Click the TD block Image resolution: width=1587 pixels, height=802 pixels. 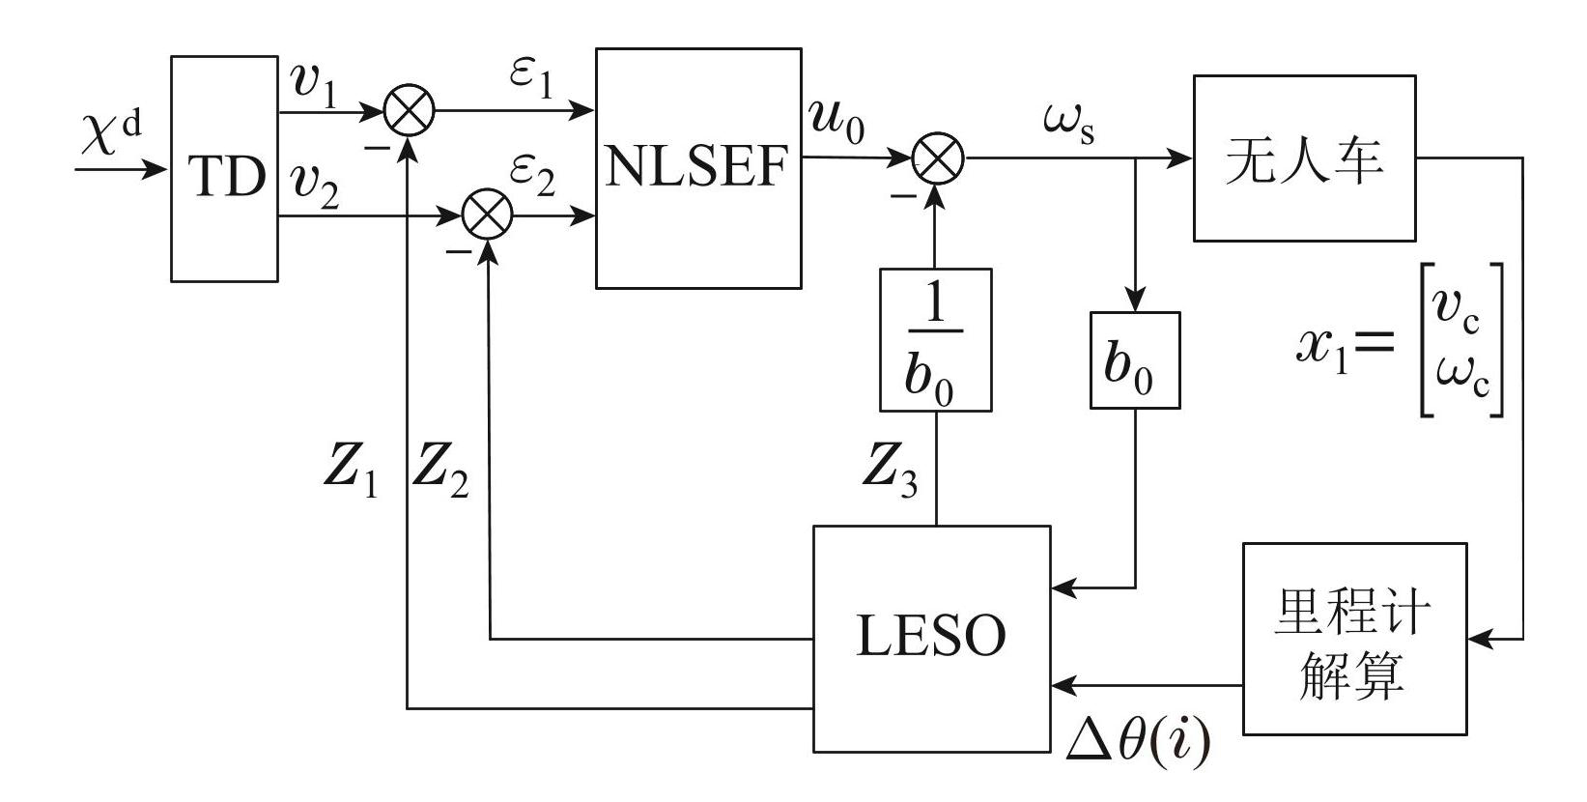click(x=224, y=169)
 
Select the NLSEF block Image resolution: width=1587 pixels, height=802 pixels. click(x=697, y=168)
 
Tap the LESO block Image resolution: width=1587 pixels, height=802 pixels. click(x=931, y=639)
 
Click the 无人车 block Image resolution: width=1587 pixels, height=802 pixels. click(x=1304, y=158)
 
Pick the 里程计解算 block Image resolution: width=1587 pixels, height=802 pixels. click(x=1353, y=639)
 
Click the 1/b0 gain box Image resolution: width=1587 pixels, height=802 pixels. click(x=935, y=340)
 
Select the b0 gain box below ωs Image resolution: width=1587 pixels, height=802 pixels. click(x=1134, y=359)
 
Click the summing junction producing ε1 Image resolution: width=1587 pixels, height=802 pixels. click(x=410, y=111)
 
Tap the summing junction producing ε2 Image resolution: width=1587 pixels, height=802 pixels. click(x=487, y=216)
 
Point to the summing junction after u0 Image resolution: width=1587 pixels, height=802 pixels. click(x=938, y=158)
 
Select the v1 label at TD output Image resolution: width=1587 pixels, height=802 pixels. click(x=315, y=84)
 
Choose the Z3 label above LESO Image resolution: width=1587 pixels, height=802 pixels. click(x=890, y=473)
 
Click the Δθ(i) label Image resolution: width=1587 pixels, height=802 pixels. click(x=1137, y=742)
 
